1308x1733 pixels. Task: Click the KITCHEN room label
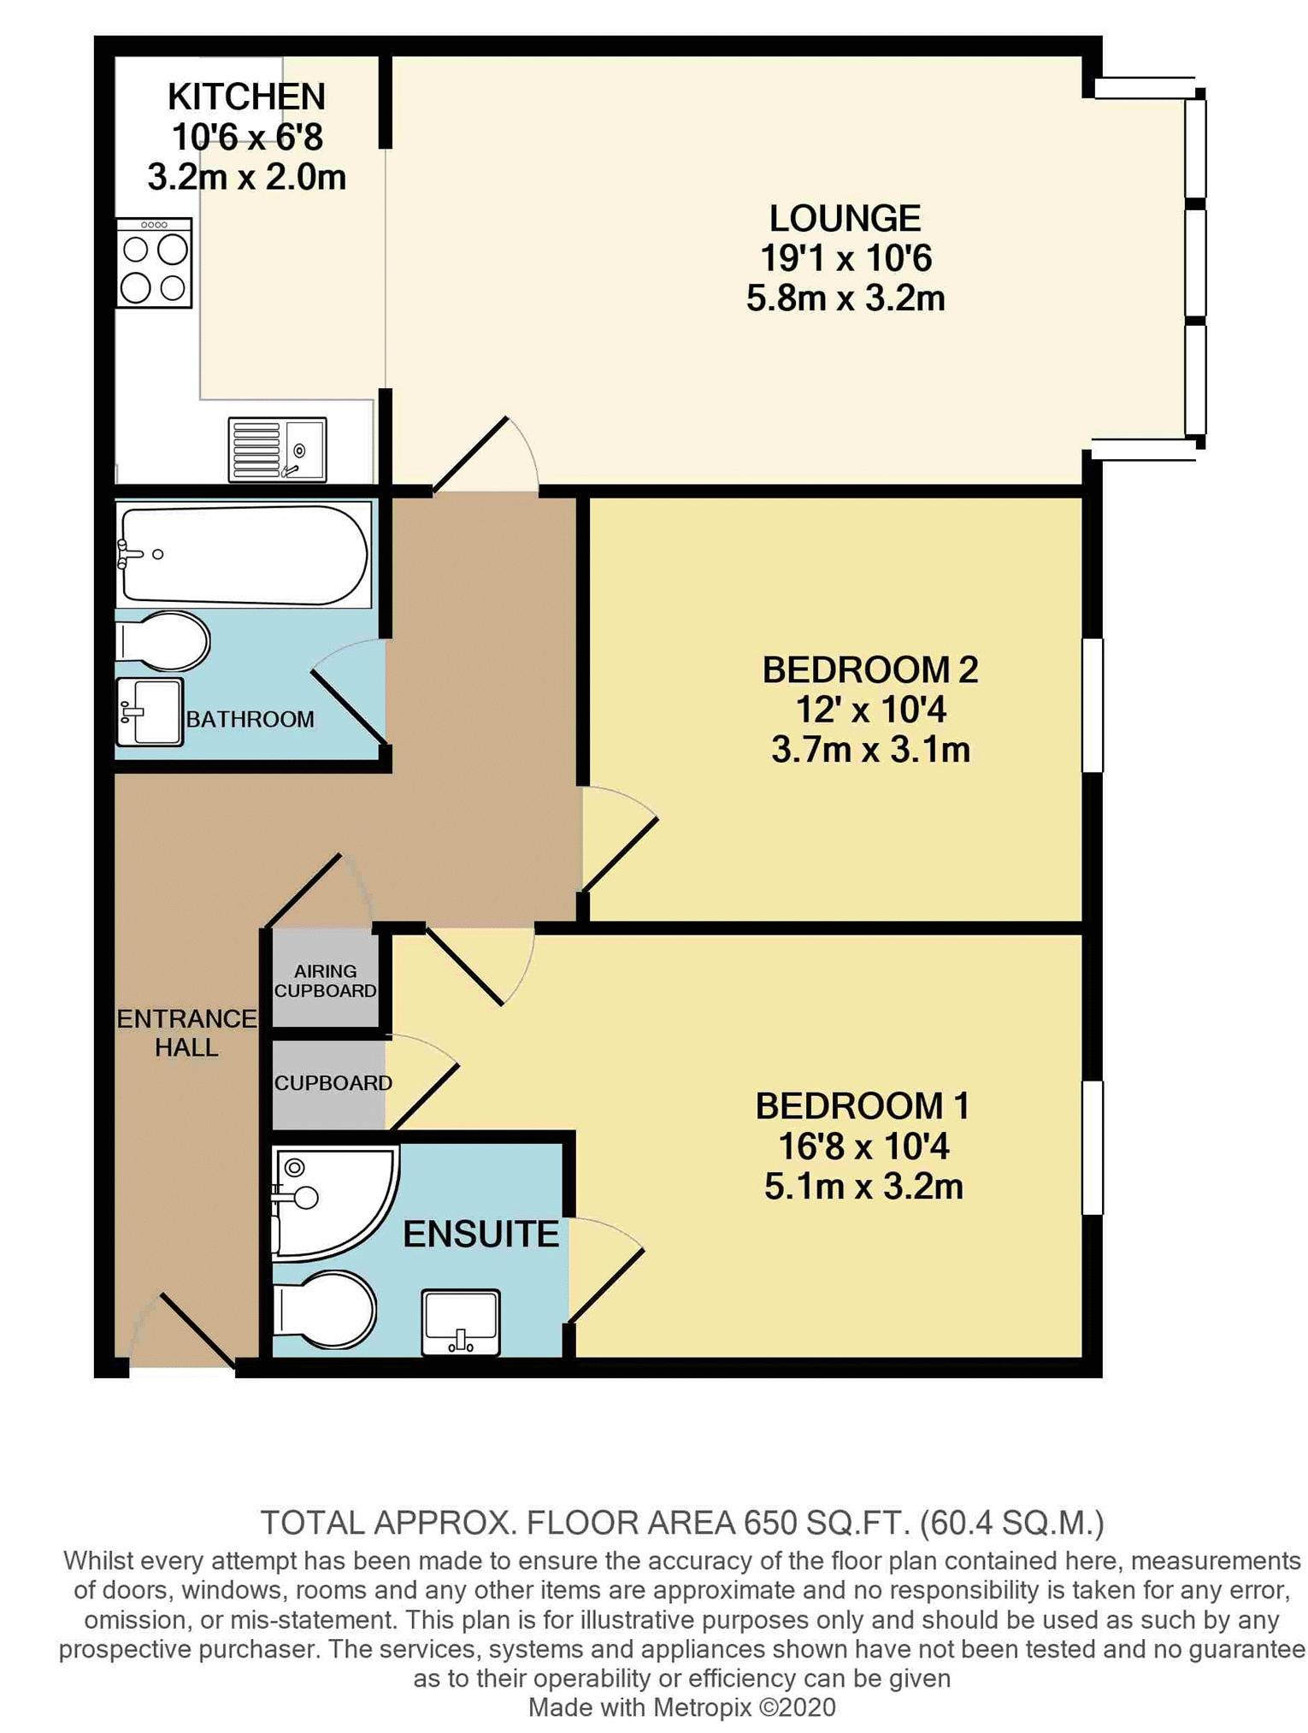tap(246, 97)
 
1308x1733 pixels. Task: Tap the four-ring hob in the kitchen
tap(155, 262)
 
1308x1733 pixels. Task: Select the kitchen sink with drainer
tap(277, 449)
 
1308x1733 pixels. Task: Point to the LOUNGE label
tap(845, 218)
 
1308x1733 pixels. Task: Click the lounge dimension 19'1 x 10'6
tap(845, 258)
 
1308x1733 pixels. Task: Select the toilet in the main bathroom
tap(162, 641)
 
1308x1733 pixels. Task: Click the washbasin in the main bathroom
tap(150, 711)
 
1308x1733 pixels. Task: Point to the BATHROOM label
tap(250, 719)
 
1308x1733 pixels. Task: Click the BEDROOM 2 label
tap(870, 669)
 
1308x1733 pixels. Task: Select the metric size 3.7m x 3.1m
tap(870, 751)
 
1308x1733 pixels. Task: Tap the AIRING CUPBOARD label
tap(325, 981)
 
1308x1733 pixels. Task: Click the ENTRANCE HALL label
tap(186, 1033)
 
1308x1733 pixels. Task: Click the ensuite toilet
tap(324, 1311)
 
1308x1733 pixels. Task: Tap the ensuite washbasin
tap(461, 1322)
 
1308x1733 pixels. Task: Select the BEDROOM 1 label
tap(863, 1106)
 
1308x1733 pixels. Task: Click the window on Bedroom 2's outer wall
tap(1092, 705)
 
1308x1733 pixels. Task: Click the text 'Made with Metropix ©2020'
tap(682, 1707)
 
